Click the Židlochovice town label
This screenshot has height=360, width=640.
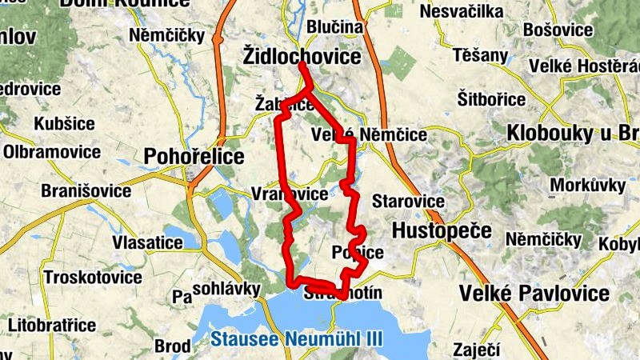point(301,56)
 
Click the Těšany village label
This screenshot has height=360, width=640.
point(480,55)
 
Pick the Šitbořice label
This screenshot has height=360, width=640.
point(491,99)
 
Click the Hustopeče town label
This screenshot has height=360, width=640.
point(442,231)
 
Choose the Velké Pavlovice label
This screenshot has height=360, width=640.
point(534,294)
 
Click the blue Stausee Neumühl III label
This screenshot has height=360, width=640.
point(297,338)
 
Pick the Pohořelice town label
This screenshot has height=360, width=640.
point(194,156)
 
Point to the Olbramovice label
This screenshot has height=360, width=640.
point(50,151)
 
